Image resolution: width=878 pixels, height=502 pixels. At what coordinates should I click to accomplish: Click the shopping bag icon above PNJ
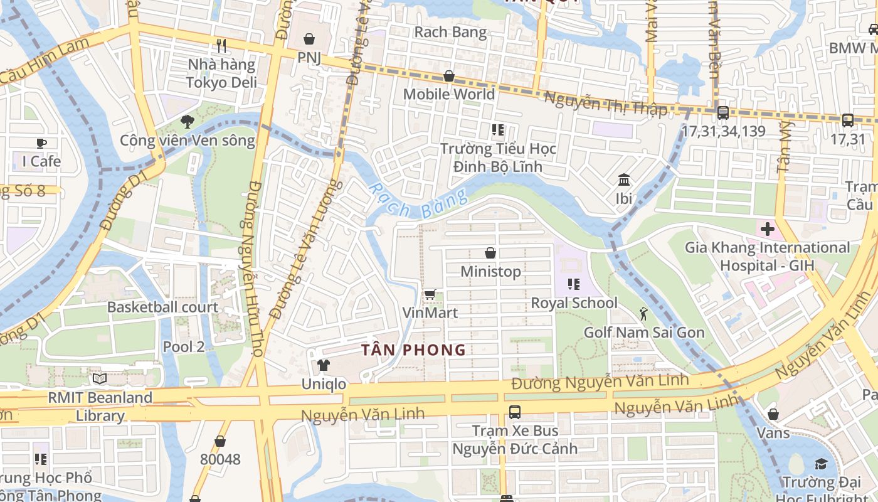(309, 39)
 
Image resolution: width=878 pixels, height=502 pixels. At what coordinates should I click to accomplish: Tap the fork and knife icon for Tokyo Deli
(221, 45)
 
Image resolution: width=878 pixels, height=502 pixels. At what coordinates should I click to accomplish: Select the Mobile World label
(448, 94)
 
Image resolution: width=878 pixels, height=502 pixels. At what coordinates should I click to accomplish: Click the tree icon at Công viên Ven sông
(187, 121)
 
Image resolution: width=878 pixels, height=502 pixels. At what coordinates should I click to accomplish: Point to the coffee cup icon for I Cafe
(41, 142)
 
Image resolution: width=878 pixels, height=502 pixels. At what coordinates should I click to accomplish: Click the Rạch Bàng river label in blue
(418, 201)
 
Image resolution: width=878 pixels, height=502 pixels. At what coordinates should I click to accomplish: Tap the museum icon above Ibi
(624, 180)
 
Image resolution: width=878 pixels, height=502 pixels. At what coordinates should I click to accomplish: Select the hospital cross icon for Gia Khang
(767, 228)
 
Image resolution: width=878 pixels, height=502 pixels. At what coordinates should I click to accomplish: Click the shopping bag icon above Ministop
(490, 253)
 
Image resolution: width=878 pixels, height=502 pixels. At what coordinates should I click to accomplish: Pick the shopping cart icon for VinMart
(430, 294)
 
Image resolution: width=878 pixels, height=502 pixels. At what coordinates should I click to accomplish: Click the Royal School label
(574, 303)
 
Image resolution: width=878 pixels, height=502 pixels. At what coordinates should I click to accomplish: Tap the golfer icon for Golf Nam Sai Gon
(643, 313)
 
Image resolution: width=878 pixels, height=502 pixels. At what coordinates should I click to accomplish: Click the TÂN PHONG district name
(413, 350)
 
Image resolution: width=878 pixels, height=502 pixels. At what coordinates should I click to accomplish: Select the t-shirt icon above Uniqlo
(323, 365)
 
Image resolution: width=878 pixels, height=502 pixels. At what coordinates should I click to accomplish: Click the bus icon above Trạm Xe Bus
(514, 412)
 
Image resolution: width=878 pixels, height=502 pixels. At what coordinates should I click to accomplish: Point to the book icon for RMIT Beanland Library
(100, 378)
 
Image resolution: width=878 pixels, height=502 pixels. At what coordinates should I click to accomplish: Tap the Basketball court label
(162, 307)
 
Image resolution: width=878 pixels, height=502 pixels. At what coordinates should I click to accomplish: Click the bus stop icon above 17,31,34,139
(722, 112)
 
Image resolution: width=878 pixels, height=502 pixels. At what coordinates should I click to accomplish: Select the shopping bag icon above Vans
(773, 414)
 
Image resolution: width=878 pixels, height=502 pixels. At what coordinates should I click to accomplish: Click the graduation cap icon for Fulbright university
(821, 464)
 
